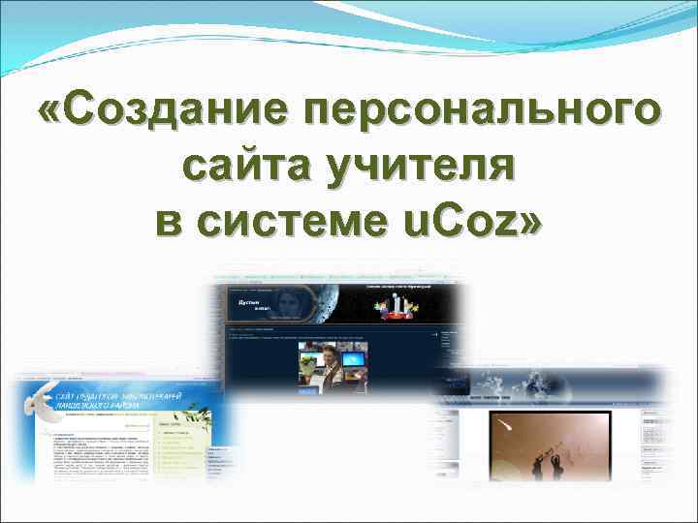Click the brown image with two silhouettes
pos(547,446)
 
